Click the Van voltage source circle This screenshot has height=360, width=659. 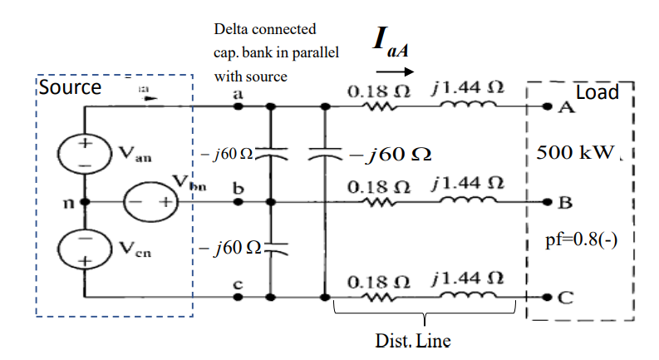85,154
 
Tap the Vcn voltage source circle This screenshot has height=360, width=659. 85,250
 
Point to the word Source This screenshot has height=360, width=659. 71,87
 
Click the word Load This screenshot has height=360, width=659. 597,92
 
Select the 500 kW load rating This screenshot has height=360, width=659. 574,153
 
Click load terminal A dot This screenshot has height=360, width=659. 547,107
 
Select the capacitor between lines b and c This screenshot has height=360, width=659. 270,247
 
